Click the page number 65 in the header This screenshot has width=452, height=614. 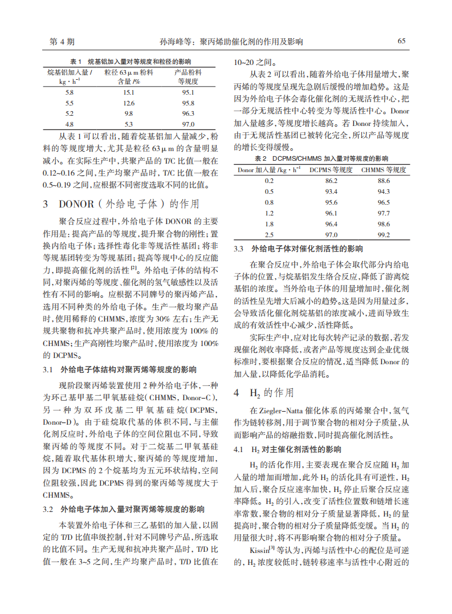(401, 42)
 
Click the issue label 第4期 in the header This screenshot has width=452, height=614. (62, 42)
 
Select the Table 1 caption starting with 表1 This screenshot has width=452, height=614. (131, 62)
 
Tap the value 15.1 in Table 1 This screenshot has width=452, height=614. (129, 92)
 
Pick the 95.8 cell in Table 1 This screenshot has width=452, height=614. (188, 103)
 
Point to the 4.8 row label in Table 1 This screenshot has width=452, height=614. (69, 124)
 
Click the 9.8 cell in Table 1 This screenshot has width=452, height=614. (129, 113)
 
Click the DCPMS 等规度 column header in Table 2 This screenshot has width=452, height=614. (331, 169)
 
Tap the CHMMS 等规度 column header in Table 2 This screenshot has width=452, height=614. (384, 169)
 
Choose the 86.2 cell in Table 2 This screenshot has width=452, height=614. (331, 180)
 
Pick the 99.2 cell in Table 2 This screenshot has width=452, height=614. (384, 234)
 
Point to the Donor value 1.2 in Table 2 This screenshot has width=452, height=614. (269, 213)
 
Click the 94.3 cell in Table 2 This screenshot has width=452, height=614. (384, 191)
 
